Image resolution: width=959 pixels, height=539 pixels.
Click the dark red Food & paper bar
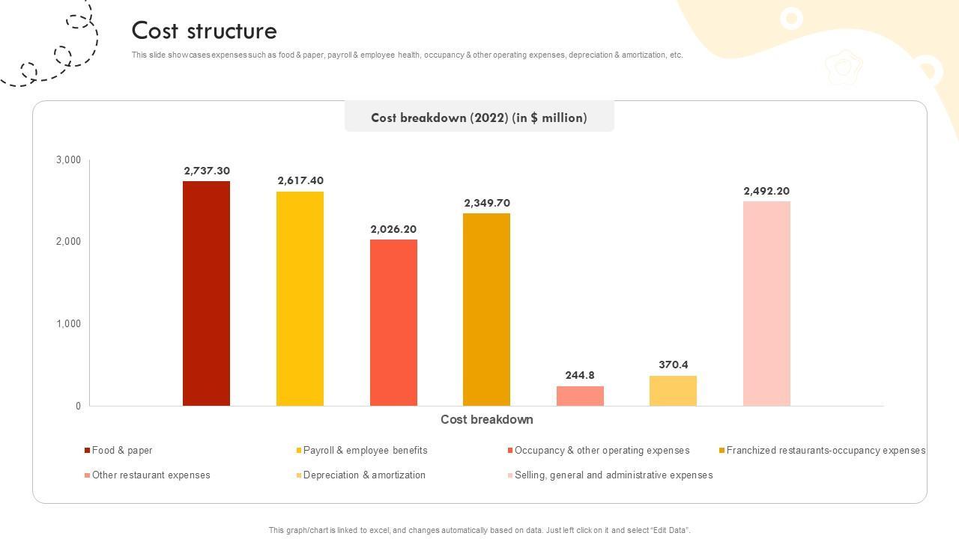click(x=206, y=293)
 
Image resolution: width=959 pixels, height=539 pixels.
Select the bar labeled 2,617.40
click(x=300, y=299)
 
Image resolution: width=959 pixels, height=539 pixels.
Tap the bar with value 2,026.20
click(x=393, y=323)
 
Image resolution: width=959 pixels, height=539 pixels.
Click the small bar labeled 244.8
click(x=580, y=396)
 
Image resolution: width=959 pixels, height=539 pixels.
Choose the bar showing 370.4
click(x=673, y=391)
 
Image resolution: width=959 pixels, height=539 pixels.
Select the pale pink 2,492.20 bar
click(x=766, y=303)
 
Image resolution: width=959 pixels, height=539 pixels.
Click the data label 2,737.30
click(x=207, y=171)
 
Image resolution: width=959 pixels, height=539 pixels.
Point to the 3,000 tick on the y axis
click(x=68, y=160)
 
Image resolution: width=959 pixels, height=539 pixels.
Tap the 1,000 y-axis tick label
click(x=68, y=324)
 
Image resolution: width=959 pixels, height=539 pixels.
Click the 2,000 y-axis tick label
click(x=68, y=242)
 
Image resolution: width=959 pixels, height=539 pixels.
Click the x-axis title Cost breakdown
click(x=486, y=419)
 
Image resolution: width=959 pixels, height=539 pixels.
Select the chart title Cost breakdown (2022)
click(x=479, y=118)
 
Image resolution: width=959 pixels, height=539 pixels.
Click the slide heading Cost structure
click(x=205, y=31)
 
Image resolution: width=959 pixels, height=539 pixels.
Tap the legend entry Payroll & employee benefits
click(x=365, y=451)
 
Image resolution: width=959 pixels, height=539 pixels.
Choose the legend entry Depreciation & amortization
click(x=364, y=475)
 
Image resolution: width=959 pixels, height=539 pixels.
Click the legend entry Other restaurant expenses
click(x=151, y=475)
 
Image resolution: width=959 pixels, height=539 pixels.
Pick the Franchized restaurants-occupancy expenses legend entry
click(x=826, y=451)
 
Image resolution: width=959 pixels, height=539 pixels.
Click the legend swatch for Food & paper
click(x=87, y=451)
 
